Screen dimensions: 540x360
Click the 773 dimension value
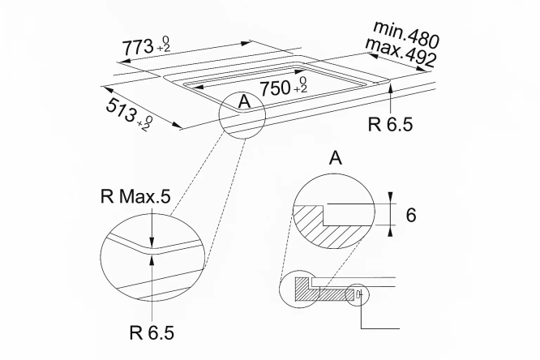[x=138, y=47]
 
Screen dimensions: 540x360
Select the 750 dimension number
[x=275, y=88]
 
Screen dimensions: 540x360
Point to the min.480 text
[x=406, y=34]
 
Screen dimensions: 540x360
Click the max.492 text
[x=401, y=53]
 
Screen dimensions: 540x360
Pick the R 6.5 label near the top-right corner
[x=390, y=124]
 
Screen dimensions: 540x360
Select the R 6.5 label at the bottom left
[x=152, y=332]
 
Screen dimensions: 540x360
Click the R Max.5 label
[x=135, y=197]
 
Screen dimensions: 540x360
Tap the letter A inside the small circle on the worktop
[x=244, y=101]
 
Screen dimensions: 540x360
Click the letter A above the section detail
[x=336, y=158]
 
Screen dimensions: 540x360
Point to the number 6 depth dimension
[x=411, y=215]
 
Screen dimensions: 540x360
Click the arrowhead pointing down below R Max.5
[x=152, y=243]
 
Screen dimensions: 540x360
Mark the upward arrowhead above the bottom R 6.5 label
[x=152, y=260]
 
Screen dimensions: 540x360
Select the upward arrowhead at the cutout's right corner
[x=391, y=88]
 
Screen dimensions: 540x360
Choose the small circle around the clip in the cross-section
[x=357, y=295]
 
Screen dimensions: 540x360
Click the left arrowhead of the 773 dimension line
[x=123, y=62]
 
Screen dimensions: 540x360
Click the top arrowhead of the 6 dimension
[x=390, y=198]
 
